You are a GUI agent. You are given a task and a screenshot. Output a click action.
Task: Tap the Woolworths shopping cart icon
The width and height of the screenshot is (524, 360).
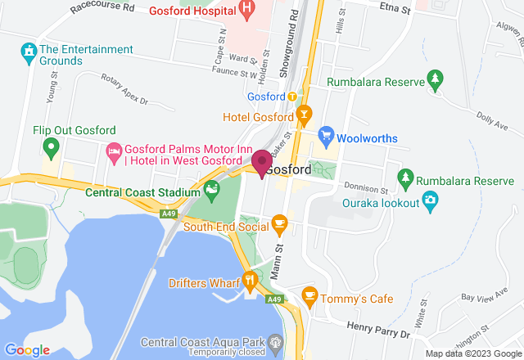click(327, 134)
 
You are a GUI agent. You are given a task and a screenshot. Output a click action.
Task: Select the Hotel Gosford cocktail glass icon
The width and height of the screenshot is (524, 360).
click(305, 113)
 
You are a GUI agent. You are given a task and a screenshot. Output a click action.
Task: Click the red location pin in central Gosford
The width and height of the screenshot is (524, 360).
click(261, 161)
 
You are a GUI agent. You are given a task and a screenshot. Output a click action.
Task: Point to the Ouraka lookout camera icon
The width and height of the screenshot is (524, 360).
click(430, 200)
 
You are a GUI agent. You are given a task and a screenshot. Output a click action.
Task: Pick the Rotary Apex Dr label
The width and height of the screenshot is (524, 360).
click(124, 90)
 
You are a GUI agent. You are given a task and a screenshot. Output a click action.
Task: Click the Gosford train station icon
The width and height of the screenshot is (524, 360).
click(292, 96)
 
